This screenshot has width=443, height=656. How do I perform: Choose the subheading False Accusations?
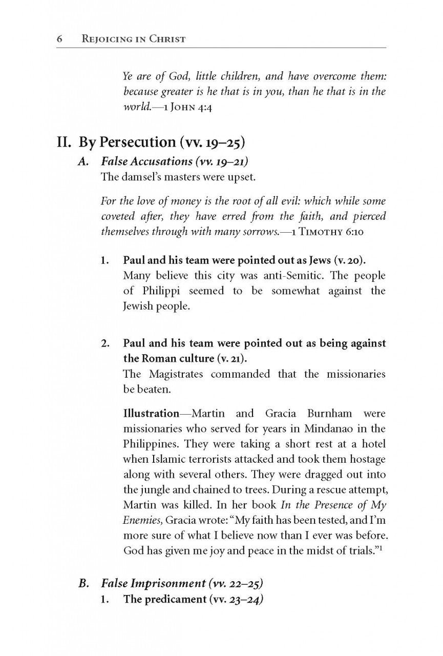(146, 161)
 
